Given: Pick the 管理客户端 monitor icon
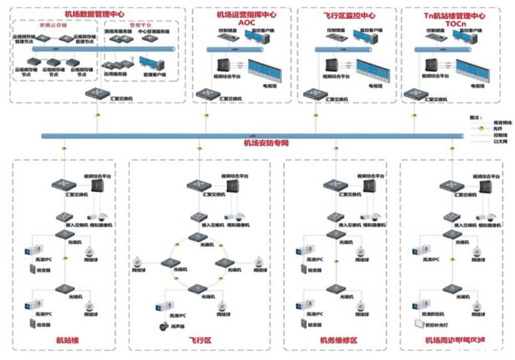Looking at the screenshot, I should click(x=150, y=63).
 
